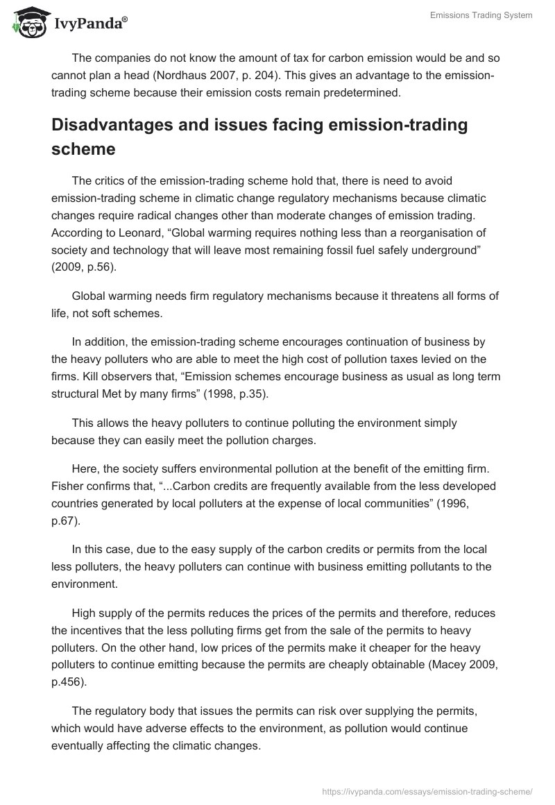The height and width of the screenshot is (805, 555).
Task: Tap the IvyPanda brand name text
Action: tap(89, 25)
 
